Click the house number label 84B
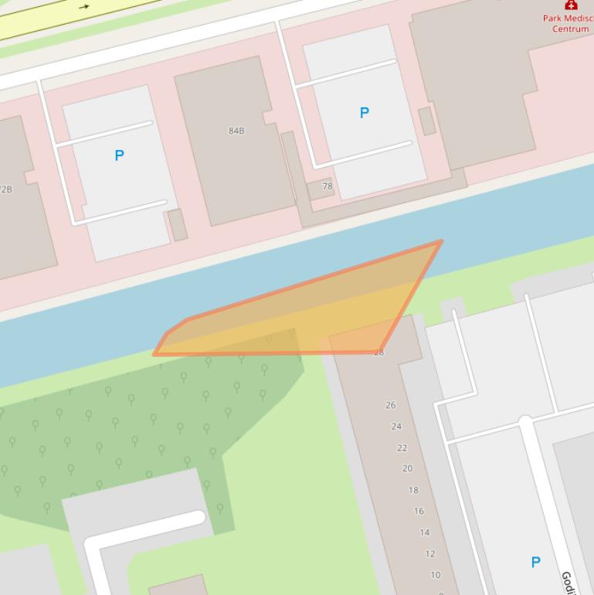coord(236,131)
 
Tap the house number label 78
coord(328,186)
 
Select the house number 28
coord(378,352)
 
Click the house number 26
coord(391,405)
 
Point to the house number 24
coord(396,426)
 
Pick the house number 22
coord(402,447)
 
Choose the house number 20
coord(407,468)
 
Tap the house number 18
coord(413,490)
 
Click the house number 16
coord(419,511)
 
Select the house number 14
coord(424,532)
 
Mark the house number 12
coord(429,554)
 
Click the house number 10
coord(436,575)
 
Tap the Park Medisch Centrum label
coord(569,23)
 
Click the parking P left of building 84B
coord(119,155)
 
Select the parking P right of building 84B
coord(364,113)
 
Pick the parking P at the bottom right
coord(535,562)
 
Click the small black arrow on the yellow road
coord(83,7)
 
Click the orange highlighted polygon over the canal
coord(324,317)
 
